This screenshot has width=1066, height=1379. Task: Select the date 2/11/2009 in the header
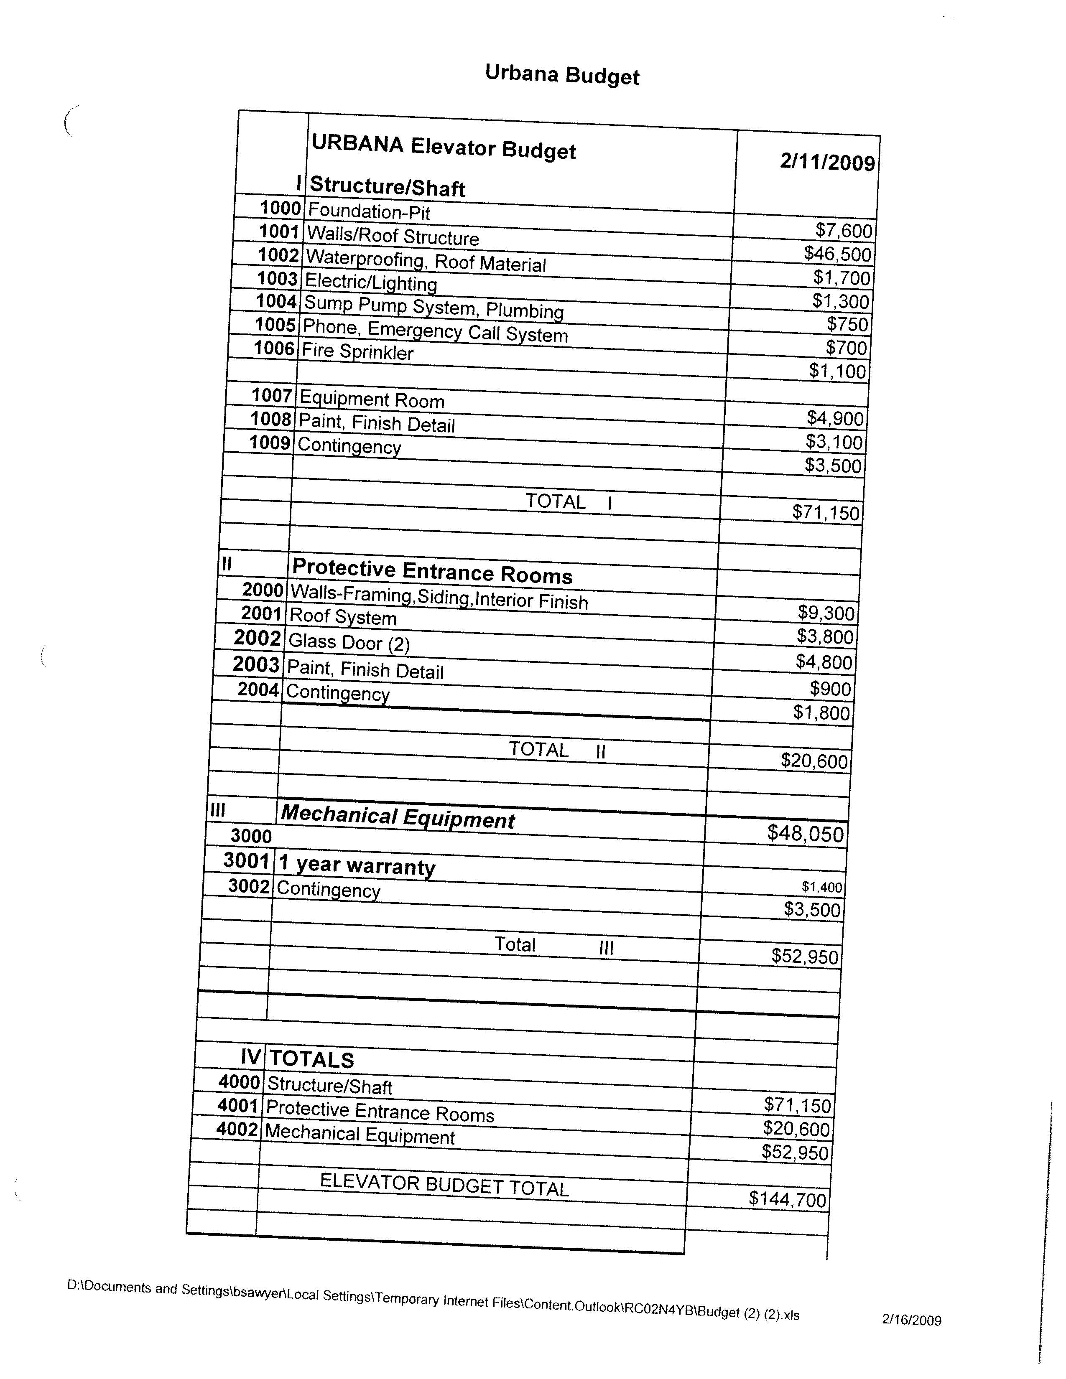point(827,162)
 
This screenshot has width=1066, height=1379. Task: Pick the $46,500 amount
point(837,254)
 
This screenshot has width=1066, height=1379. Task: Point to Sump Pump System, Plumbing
point(434,308)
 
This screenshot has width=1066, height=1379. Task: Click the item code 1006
point(274,348)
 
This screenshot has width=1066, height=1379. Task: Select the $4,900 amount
point(835,418)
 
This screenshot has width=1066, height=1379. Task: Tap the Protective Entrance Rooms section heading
point(432,571)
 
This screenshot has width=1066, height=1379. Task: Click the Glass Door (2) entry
point(349,643)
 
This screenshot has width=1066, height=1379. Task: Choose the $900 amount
point(831,688)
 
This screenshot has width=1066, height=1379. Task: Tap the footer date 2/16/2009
point(911,1320)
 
